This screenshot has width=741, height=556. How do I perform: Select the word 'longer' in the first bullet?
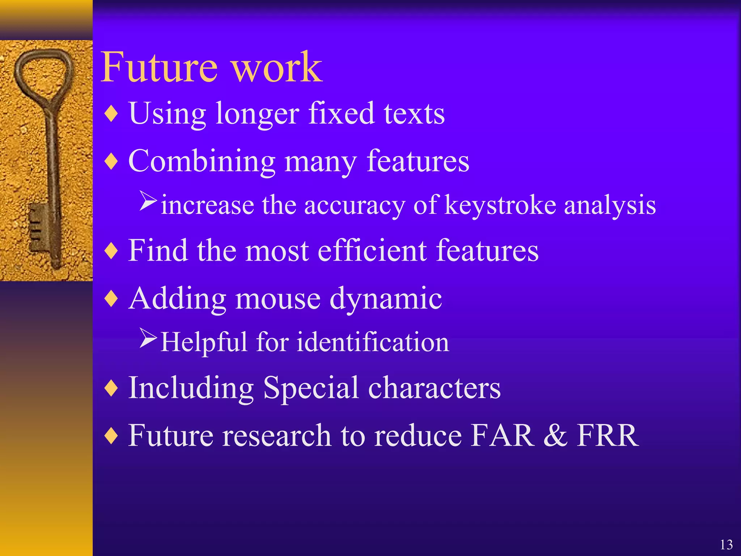[x=257, y=114]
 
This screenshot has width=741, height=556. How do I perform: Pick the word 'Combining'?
[x=202, y=161]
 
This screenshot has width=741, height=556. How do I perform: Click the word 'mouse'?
[x=278, y=299]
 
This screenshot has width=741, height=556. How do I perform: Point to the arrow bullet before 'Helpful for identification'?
[x=148, y=338]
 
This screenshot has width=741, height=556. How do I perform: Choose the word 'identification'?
[x=373, y=342]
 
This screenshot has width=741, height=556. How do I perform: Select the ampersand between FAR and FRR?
[x=555, y=435]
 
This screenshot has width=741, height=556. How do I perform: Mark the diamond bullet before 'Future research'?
[x=111, y=435]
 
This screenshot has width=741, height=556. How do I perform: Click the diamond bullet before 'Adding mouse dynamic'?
[x=111, y=299]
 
